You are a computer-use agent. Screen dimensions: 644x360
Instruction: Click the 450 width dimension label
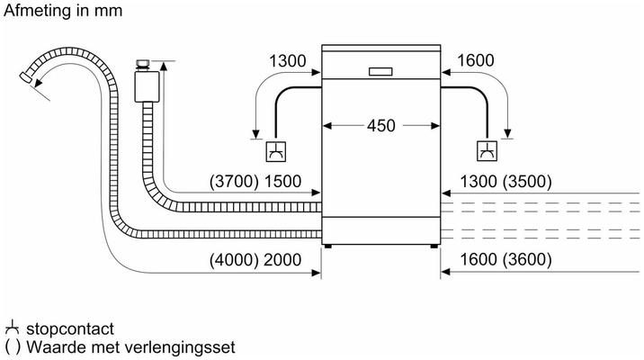coord(381,126)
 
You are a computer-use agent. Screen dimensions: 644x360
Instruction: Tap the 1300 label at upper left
coord(288,61)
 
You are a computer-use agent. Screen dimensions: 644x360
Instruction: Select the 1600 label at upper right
coord(475,60)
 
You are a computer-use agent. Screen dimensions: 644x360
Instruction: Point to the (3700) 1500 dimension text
coord(255,181)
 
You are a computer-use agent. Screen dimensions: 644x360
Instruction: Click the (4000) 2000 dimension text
coord(255,260)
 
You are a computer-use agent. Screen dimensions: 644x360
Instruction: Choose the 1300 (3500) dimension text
coord(505,181)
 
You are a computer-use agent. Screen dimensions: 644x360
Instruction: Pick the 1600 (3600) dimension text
coord(505,260)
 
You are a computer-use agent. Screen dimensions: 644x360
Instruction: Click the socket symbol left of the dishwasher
coord(275,151)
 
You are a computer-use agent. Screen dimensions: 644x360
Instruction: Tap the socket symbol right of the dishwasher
coord(487,151)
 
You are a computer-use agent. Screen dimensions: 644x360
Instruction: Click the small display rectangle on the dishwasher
coord(380,72)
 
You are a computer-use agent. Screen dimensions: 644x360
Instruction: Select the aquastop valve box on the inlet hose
coord(147,86)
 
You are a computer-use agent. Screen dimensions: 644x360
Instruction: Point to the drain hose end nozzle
coord(27,76)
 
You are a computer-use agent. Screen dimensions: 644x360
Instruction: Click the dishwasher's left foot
coord(327,247)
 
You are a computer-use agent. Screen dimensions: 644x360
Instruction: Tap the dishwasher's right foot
coord(434,247)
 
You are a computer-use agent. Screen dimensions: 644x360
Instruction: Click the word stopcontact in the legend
coord(70,328)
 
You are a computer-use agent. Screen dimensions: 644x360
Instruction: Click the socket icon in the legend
coord(12,327)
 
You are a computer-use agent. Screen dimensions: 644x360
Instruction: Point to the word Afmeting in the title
coord(37,11)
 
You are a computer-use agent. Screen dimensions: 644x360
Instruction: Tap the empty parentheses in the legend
coord(13,347)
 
